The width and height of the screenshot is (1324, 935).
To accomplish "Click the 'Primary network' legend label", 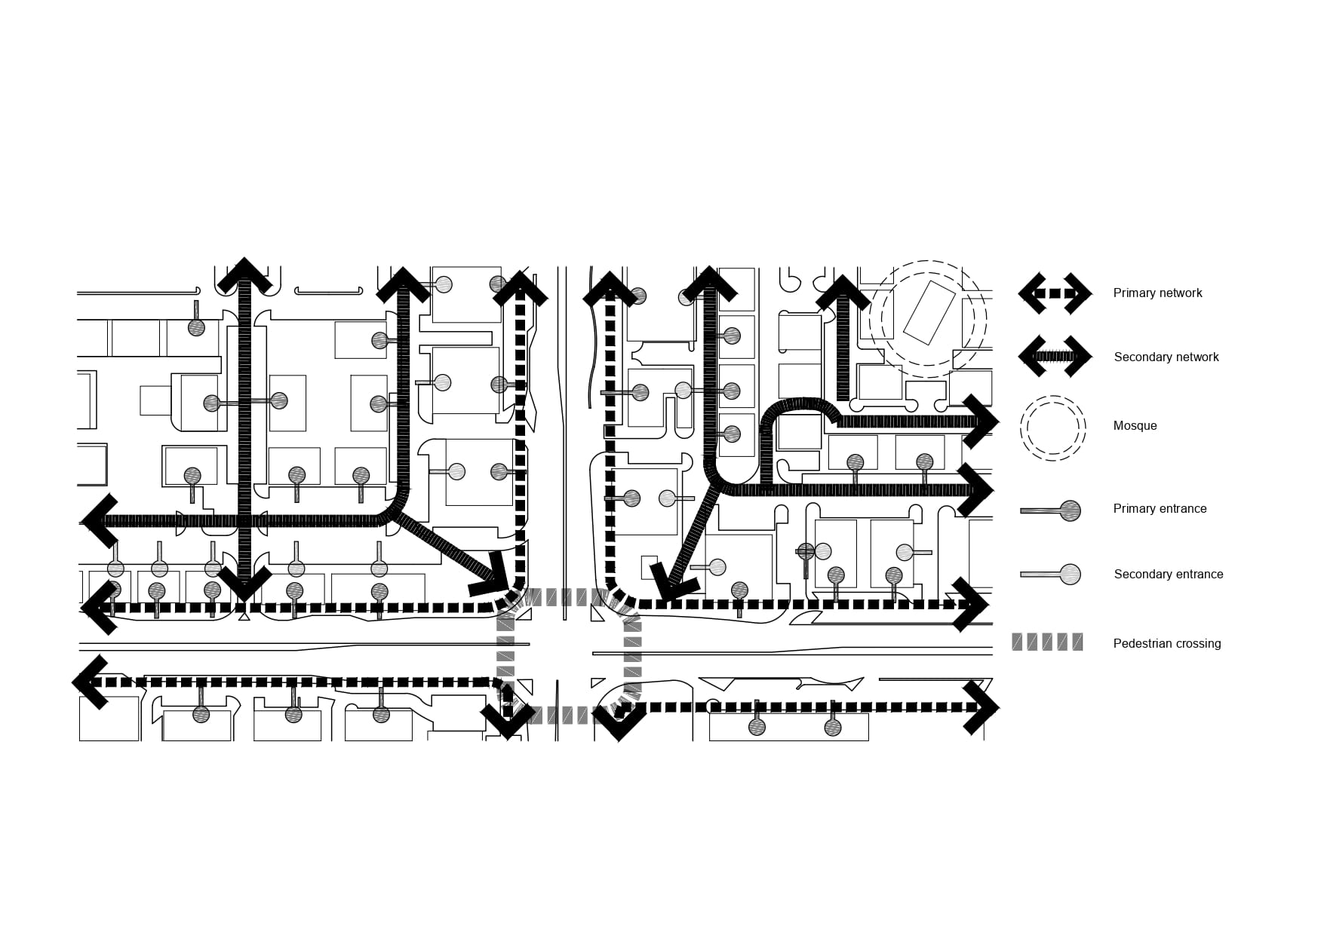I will [1157, 293].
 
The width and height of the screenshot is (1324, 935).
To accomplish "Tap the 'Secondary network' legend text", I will [1166, 357].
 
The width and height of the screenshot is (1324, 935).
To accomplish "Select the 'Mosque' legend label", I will [1135, 426].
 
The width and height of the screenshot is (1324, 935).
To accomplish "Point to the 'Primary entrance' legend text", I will [1160, 509].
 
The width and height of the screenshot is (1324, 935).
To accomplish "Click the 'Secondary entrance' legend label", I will [1168, 575].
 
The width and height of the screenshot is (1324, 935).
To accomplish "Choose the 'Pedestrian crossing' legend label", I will [1166, 644].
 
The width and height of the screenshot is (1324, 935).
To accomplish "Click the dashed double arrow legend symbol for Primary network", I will [1055, 293].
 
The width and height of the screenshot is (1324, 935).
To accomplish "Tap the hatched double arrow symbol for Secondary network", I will [1055, 357].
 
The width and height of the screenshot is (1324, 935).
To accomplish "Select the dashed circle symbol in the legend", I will [1052, 428].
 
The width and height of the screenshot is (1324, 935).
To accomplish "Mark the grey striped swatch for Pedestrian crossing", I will [1047, 642].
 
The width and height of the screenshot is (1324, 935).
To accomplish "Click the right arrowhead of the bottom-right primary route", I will [982, 707].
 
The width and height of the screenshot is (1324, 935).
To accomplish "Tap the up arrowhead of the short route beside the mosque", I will [843, 293].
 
